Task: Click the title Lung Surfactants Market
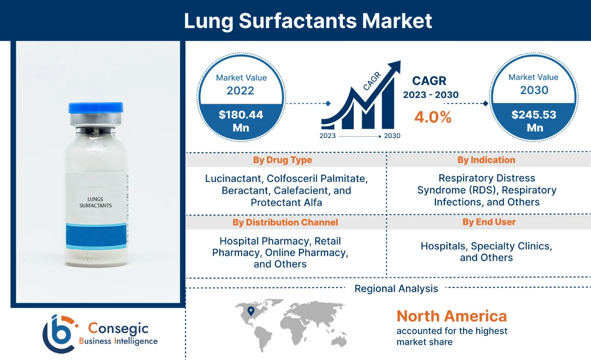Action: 308,21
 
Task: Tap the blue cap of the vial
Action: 96,108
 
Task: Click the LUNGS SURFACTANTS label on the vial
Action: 96,202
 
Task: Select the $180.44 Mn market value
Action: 241,121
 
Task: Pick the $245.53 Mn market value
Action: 534,121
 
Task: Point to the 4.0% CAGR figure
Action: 432,117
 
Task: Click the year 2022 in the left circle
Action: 240,90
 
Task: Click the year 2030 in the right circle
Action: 534,90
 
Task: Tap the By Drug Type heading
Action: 282,160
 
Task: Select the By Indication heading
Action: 486,160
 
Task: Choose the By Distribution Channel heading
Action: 285,222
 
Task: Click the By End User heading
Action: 489,222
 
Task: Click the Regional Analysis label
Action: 396,289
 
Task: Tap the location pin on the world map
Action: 251,312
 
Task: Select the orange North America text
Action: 452,316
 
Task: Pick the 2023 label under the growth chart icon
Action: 328,136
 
